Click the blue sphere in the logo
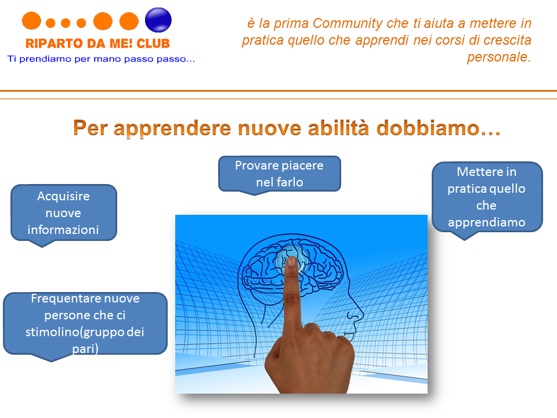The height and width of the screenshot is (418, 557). (158, 20)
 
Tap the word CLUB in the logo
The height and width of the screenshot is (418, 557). (153, 44)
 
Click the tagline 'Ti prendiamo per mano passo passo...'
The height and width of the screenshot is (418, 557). (101, 59)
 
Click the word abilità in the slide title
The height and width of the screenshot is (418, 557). (338, 128)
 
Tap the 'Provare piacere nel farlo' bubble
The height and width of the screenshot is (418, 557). (280, 174)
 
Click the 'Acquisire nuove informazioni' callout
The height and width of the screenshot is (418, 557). (64, 213)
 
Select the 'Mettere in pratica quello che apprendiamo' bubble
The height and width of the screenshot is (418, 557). (487, 197)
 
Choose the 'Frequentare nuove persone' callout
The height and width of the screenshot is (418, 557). (85, 324)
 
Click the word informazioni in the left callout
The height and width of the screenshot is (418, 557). (63, 230)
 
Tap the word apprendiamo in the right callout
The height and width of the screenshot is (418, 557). (487, 223)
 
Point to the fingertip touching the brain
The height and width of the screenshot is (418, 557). (292, 262)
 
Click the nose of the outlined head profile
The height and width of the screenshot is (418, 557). (359, 313)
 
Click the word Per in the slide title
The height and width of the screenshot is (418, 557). (91, 128)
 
